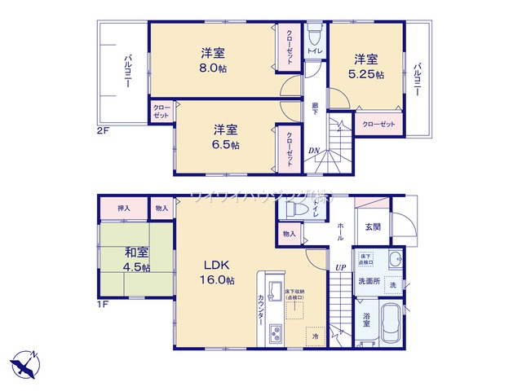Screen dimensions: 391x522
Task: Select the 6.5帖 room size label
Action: tap(226, 145)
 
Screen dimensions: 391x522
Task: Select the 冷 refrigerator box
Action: tap(315, 333)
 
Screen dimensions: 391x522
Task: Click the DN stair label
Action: tap(314, 149)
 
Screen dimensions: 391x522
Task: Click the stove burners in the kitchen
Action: tap(275, 333)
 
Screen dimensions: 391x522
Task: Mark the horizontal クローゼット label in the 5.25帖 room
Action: tap(379, 124)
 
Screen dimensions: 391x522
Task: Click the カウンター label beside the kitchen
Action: tap(259, 310)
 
